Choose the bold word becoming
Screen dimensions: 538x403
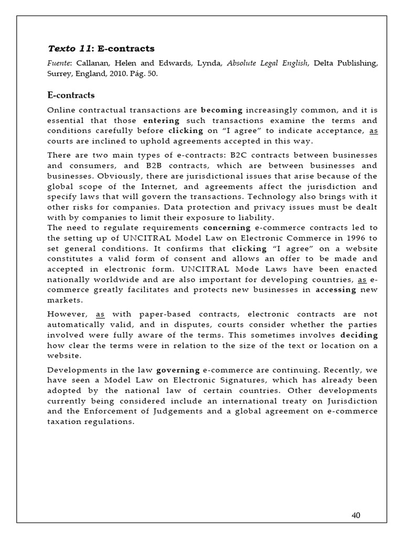tap(222, 111)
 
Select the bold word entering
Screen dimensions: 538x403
tap(160, 121)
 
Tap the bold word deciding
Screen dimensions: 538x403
tap(359, 334)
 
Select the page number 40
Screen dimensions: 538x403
tap(356, 515)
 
